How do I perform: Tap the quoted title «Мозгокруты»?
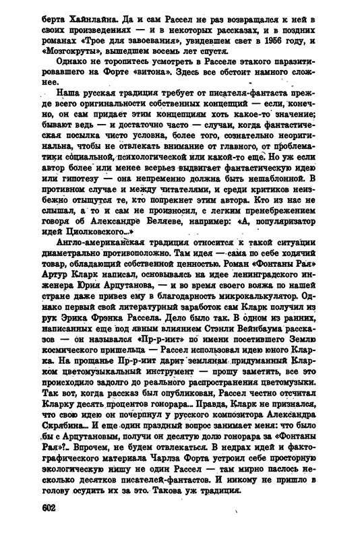[67, 49]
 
